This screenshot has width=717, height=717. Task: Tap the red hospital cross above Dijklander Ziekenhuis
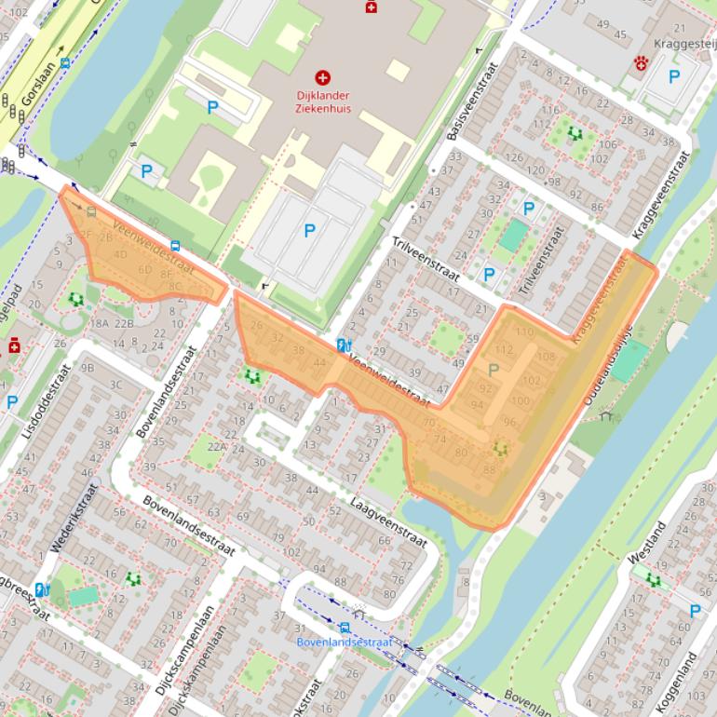(x=324, y=78)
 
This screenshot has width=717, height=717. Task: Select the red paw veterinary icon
(x=642, y=63)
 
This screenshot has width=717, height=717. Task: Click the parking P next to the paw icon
(x=674, y=77)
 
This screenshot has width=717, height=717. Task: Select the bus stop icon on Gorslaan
(x=64, y=64)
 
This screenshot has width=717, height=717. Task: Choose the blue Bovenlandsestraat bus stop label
(x=345, y=643)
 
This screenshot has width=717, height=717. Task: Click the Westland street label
(x=646, y=544)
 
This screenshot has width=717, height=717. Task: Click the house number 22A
(x=217, y=447)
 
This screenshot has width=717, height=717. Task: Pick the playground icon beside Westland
(x=654, y=580)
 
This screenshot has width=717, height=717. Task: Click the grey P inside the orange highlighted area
(x=494, y=370)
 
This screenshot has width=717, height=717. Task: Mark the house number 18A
(x=100, y=323)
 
